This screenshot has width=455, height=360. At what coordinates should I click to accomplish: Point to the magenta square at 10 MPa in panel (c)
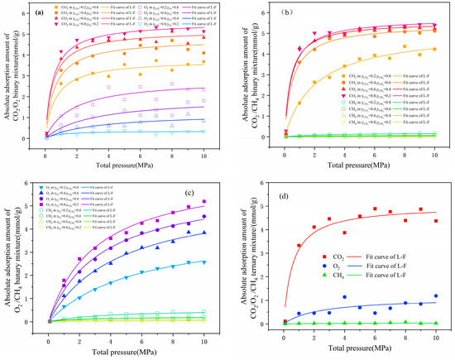(204, 201)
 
